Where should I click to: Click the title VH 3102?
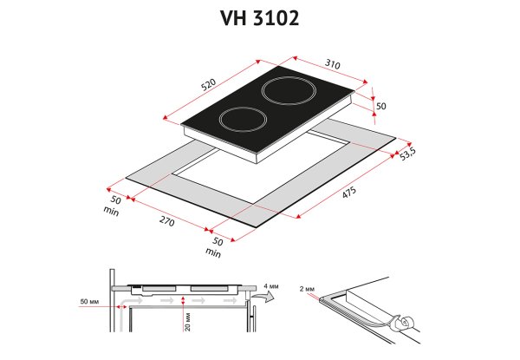pos(260,18)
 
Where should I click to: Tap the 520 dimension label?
pos(209,84)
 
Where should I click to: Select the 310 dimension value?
pos(332,64)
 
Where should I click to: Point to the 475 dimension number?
pos(349,192)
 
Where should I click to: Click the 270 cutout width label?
pos(166,220)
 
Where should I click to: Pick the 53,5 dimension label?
pos(407,154)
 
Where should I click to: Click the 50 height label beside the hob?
pos(381,106)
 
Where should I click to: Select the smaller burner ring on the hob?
pos(243,120)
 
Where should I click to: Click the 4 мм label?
pos(271,286)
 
